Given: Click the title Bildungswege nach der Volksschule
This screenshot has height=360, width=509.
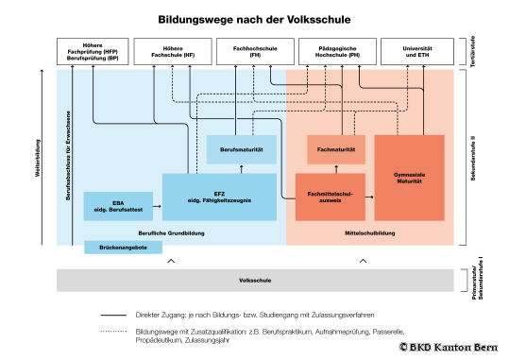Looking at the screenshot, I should coord(254,19).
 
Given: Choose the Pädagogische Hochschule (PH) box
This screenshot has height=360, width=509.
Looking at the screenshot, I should coord(335,51).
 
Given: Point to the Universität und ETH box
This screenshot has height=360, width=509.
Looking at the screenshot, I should coord(416,51).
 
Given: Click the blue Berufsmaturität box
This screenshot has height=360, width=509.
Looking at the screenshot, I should coord(241,148).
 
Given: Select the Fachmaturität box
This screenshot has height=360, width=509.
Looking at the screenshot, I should coord(335,148).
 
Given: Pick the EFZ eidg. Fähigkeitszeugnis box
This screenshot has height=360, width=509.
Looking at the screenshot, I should coord(219,197).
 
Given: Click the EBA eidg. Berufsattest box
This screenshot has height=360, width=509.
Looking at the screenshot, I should coord(118,205).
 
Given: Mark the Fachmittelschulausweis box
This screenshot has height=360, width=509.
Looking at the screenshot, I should coord(331,197).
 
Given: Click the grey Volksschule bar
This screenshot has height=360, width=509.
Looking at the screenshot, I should coord(256,281).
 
